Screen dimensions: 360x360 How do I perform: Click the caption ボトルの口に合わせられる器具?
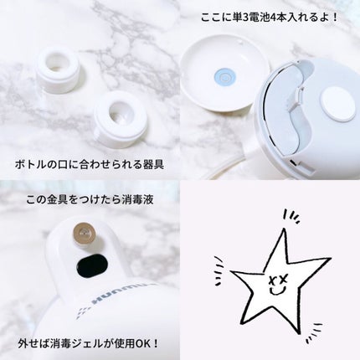pos(89,162)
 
